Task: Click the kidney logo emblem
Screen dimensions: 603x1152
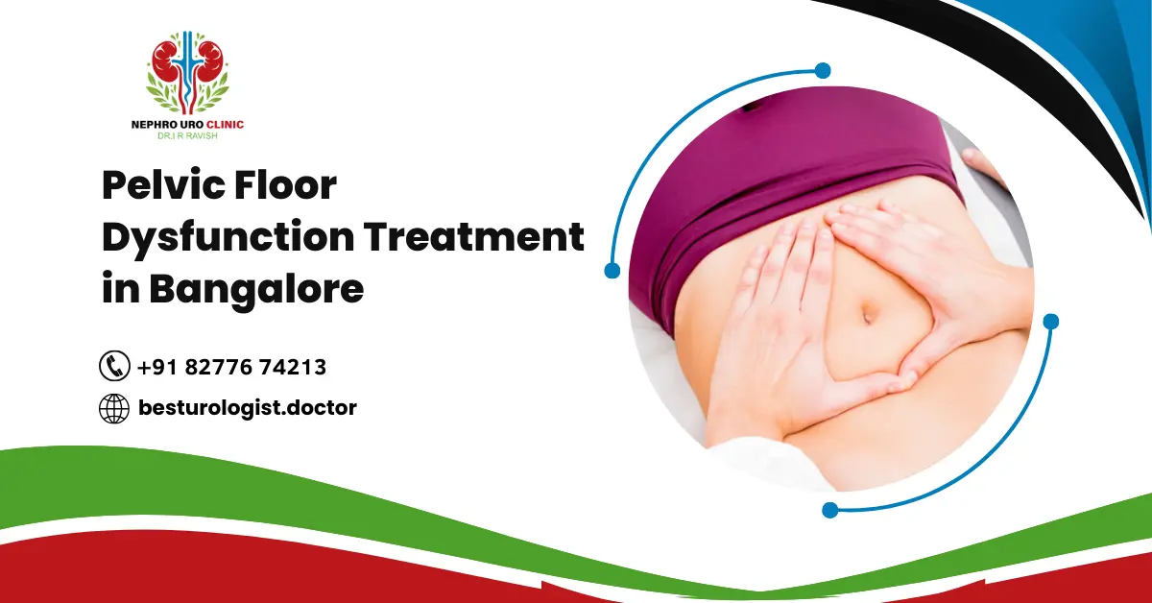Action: coord(188,73)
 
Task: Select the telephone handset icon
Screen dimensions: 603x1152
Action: coord(114,366)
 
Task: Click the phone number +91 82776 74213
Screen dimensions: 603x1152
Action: coord(231,367)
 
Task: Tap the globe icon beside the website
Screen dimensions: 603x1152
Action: coord(114,408)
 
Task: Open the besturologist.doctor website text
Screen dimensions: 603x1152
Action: coord(247,408)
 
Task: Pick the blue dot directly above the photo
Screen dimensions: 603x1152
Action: coord(822,70)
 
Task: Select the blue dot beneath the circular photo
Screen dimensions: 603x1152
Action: coord(829,510)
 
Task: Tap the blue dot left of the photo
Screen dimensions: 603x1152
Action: coord(612,271)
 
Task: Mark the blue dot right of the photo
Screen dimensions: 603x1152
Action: coord(1050,321)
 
